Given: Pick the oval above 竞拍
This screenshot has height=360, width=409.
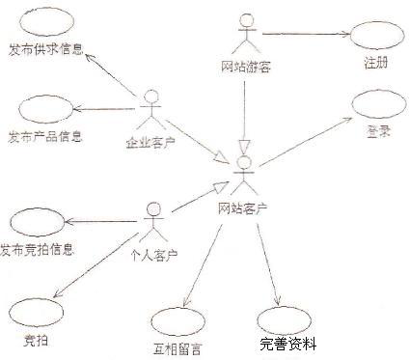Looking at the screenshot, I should pyautogui.click(x=37, y=312).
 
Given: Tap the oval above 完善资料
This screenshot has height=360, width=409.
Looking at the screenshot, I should pyautogui.click(x=286, y=318).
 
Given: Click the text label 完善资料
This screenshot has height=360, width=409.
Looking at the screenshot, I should pyautogui.click(x=287, y=344).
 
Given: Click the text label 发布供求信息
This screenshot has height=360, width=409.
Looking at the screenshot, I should pyautogui.click(x=44, y=48).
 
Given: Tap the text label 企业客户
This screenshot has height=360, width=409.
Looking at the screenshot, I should pyautogui.click(x=150, y=145).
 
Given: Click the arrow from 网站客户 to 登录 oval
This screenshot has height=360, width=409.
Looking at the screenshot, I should pyautogui.click(x=304, y=145).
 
